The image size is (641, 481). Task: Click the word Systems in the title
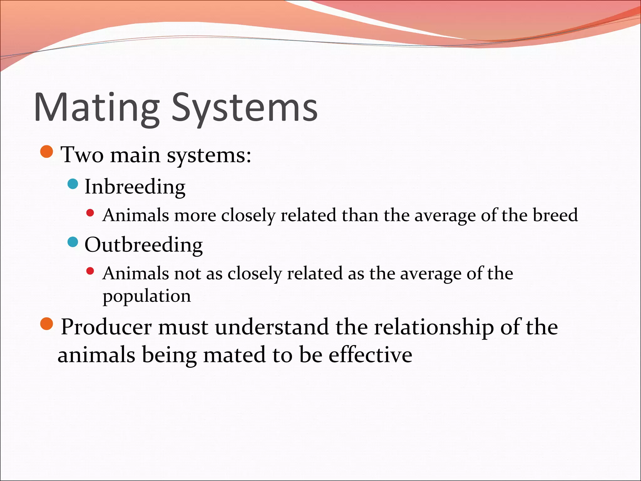coord(244,107)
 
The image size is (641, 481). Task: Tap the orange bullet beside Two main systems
coord(47,152)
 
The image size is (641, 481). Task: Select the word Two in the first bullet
coord(82,154)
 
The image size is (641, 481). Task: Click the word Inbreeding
coord(135,187)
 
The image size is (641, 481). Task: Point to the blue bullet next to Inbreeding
coord(73,184)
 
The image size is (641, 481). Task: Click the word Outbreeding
coord(144,245)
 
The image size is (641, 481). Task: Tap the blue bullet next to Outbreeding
coord(73,242)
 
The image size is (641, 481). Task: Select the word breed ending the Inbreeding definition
coord(555,215)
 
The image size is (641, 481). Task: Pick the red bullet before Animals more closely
coord(90,213)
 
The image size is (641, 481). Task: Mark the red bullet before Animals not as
coord(90,271)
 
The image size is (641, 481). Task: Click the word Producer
coord(106,327)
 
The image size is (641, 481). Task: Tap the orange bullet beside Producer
coord(47,324)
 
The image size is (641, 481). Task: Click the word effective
coord(370,355)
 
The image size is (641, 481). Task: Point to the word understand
coord(272,327)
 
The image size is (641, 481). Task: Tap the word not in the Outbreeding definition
coord(187,273)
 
